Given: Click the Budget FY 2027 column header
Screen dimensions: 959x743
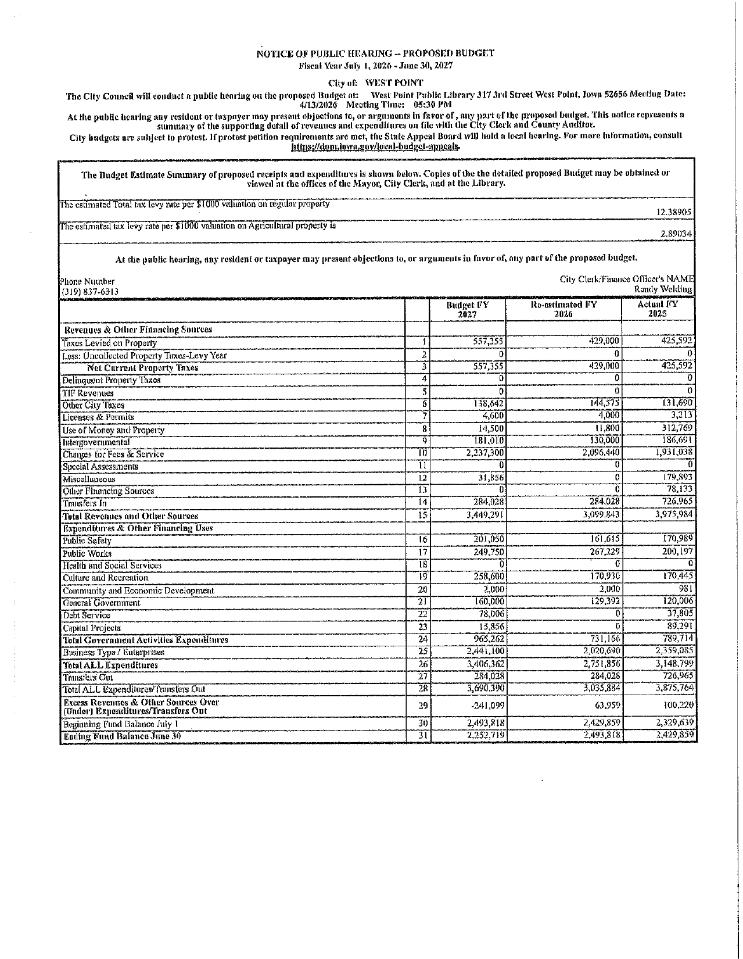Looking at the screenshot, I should (467, 309).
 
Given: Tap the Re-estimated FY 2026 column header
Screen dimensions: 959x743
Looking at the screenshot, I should (563, 309).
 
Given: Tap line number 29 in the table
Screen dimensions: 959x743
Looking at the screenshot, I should (423, 706).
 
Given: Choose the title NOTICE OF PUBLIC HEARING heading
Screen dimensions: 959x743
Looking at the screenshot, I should (375, 53).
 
